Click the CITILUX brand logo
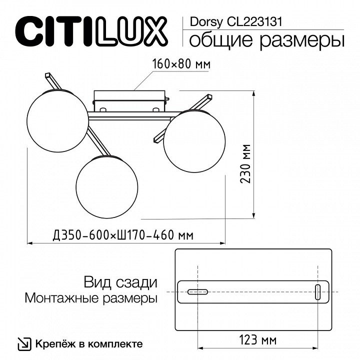click(92, 31)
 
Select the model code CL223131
click(254, 21)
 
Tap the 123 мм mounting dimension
click(258, 341)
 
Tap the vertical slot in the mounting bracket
click(317, 291)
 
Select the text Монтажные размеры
click(90, 298)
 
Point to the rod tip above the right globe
click(206, 97)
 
